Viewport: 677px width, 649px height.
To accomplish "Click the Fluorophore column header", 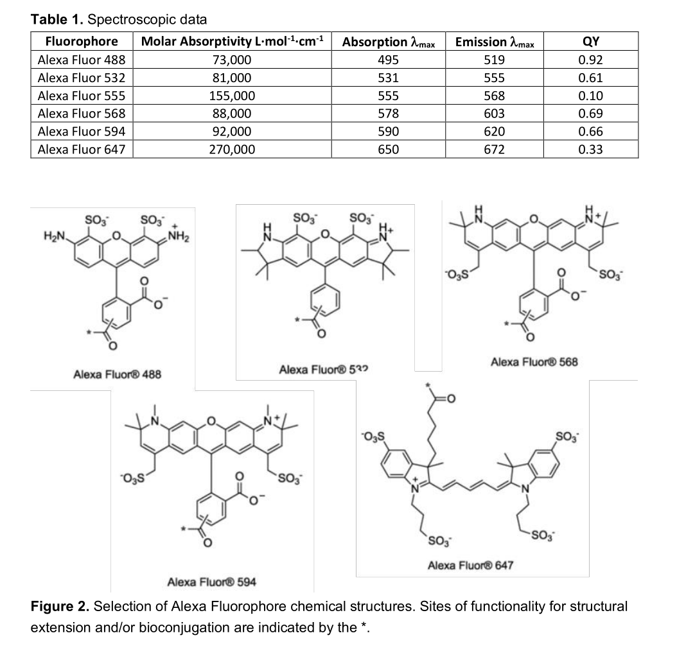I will [x=82, y=42].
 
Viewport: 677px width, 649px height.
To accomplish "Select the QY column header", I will [x=590, y=42].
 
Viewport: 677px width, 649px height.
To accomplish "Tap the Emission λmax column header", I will [x=494, y=42].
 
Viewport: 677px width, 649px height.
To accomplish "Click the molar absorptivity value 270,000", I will [x=231, y=150].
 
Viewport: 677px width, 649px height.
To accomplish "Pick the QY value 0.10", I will [x=590, y=96].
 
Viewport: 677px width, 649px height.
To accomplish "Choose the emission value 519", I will [x=494, y=60].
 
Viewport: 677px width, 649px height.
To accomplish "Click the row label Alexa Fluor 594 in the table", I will [x=82, y=132].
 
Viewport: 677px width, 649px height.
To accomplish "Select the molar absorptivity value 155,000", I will [x=231, y=96].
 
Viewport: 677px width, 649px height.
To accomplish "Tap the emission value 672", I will [x=494, y=150].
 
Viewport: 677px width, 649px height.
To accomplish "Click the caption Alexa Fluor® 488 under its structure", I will [x=117, y=374].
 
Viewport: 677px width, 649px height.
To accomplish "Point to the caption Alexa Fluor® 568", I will [x=534, y=361].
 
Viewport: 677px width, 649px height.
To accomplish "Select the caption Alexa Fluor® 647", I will [x=470, y=565].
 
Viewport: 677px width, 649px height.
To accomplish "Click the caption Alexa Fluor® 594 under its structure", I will [x=211, y=582].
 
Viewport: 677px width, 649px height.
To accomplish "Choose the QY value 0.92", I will [x=590, y=60].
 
